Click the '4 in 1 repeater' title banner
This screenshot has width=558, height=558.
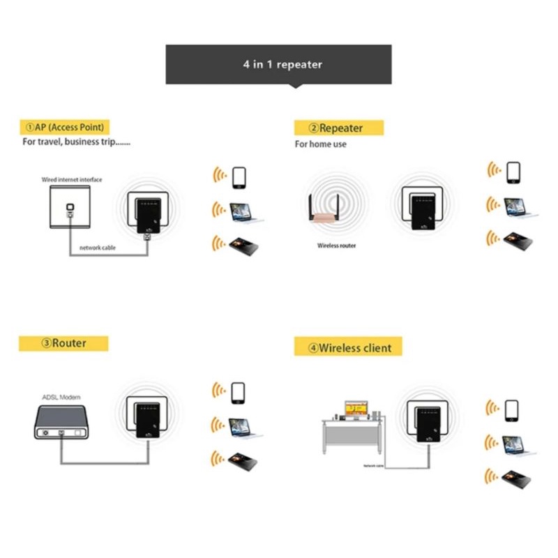coord(278,64)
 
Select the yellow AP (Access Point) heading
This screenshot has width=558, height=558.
coord(64,127)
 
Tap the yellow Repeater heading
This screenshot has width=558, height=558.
coord(338,128)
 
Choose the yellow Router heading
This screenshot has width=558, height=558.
coord(63,343)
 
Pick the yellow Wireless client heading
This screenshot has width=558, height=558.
coord(348,347)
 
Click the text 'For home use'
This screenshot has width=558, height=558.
coord(320,144)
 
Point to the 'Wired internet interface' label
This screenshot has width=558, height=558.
coord(71,180)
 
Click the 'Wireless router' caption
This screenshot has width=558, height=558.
coord(337,246)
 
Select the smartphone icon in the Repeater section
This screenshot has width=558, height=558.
coord(514,172)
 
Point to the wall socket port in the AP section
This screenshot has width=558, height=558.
coord(69,208)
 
